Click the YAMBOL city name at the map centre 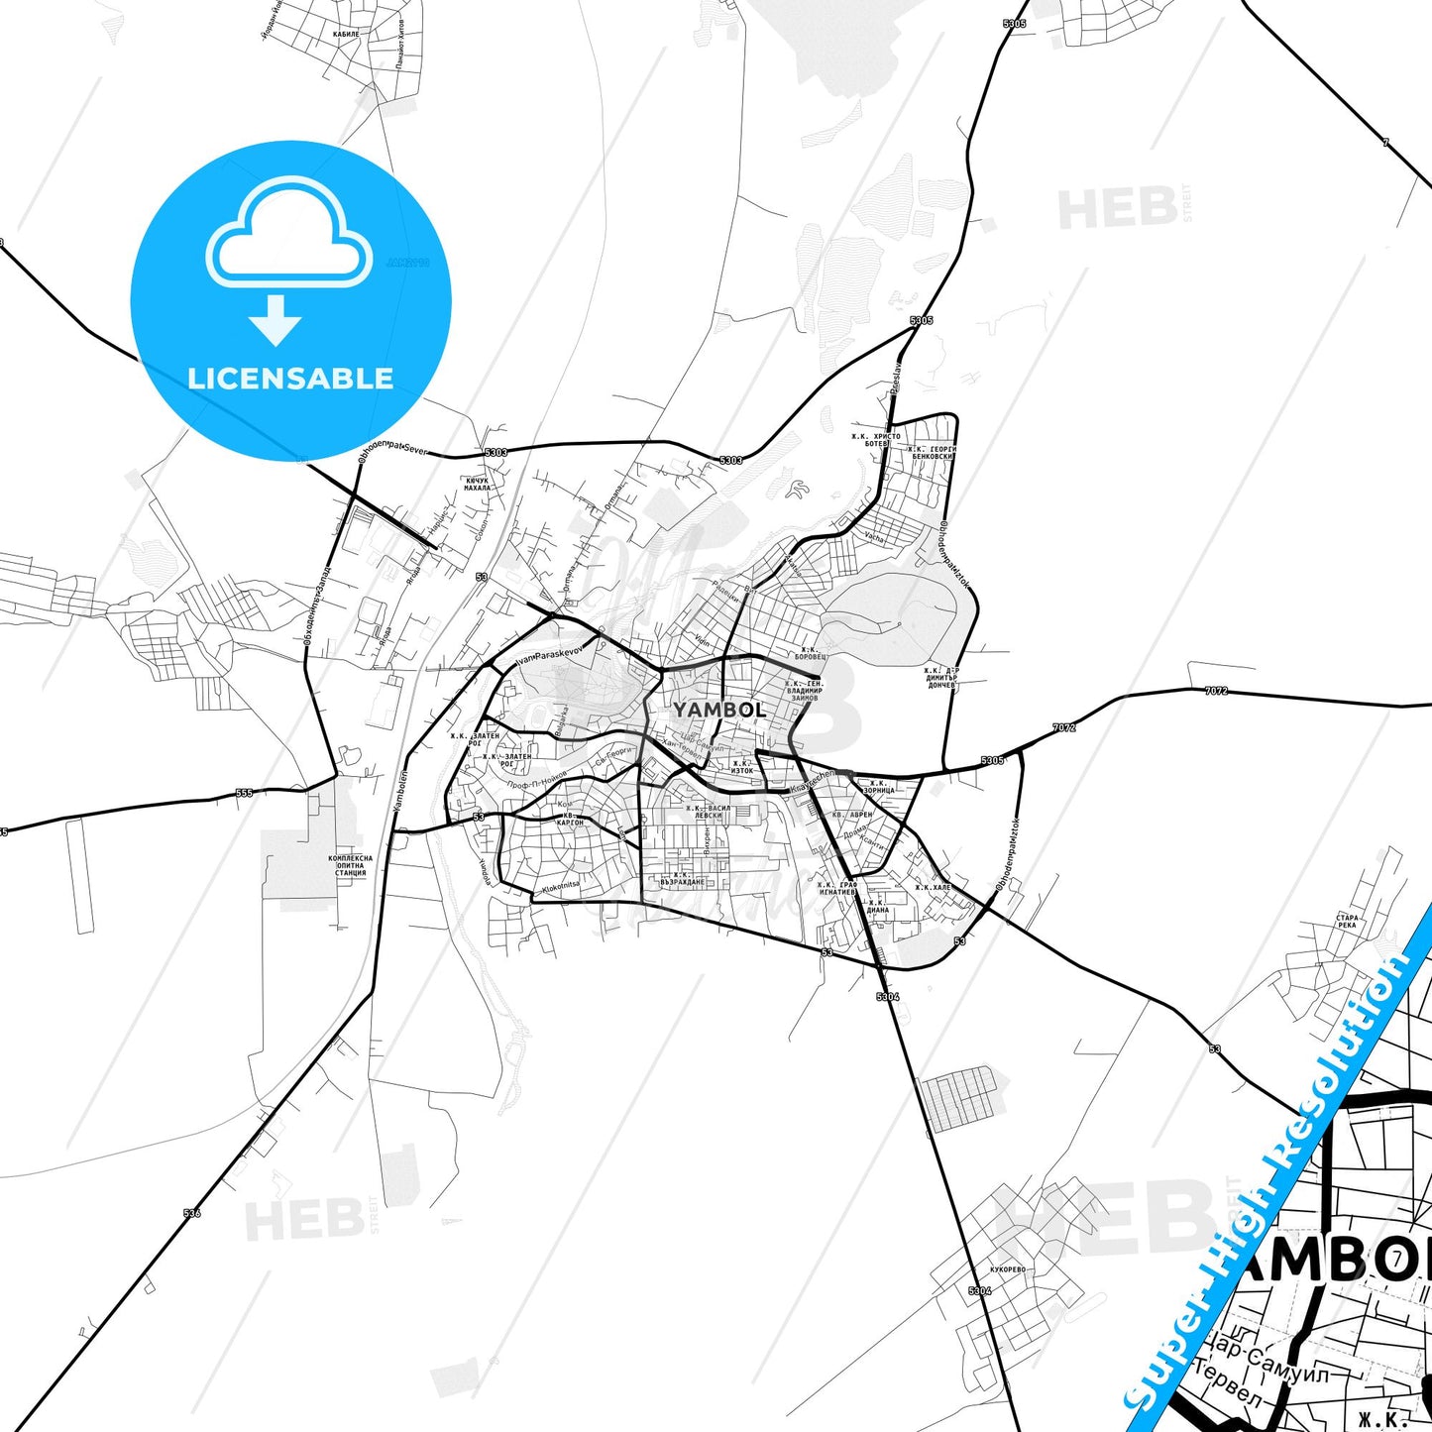coord(719,710)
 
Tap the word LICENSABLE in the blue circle coord(290,379)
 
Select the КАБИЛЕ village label coord(346,33)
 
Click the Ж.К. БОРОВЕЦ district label coord(811,654)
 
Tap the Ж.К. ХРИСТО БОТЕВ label coord(876,440)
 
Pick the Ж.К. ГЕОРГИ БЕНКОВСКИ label coord(933,453)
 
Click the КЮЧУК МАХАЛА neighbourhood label coord(478,484)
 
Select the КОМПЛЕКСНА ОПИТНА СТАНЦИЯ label coord(351,866)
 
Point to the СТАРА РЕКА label coord(1347,921)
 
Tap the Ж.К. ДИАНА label coord(878,907)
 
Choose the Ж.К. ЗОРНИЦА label coord(878,786)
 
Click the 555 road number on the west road coord(244,793)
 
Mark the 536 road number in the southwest coord(192,1212)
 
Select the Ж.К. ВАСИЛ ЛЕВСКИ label coord(709,811)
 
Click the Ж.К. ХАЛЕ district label coord(934,887)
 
